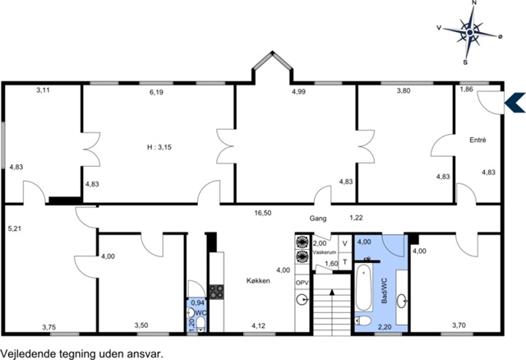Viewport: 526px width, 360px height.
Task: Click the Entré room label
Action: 478,140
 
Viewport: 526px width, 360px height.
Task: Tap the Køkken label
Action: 258,281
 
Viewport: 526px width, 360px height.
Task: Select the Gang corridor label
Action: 318,219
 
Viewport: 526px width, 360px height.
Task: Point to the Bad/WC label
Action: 385,291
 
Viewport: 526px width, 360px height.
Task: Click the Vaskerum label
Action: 325,252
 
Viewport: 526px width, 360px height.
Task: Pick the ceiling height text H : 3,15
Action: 159,147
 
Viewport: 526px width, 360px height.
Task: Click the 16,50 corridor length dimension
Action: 263,213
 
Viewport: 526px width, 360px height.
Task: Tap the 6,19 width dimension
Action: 156,92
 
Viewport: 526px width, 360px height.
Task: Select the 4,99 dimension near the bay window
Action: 298,91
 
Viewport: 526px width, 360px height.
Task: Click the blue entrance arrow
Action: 515,102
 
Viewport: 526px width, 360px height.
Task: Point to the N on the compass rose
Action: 474,2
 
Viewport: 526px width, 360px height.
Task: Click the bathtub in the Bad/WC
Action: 363,288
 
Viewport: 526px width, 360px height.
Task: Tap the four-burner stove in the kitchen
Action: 217,292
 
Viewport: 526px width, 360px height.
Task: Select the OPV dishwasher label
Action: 302,284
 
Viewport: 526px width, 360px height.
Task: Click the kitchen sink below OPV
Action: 302,299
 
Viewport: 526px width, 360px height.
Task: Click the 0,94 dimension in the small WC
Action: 197,302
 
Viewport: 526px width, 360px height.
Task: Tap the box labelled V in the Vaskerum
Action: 344,243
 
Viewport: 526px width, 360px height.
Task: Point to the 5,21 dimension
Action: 15,228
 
